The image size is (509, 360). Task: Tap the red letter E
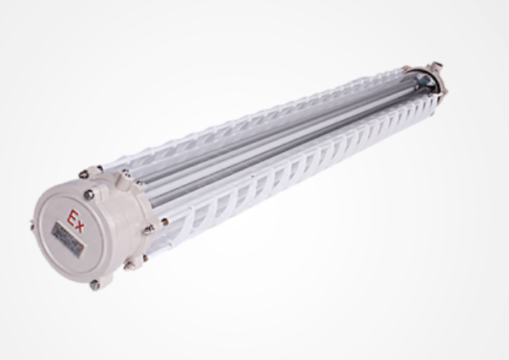[x=73, y=216]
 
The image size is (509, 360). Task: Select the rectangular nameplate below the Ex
[x=67, y=238]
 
